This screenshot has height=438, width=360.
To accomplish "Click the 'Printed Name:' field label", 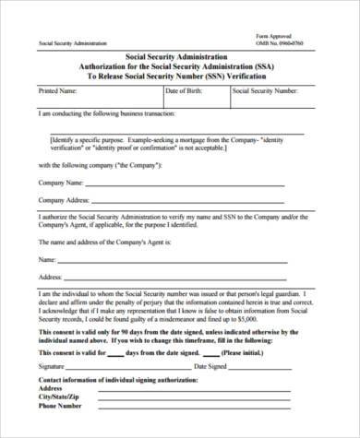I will (57, 93).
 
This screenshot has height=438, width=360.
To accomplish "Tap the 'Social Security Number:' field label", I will (266, 93).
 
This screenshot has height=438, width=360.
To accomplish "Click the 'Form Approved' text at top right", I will (273, 35).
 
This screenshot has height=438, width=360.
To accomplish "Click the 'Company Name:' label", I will (60, 183).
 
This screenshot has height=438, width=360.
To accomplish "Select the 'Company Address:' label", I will (64, 200).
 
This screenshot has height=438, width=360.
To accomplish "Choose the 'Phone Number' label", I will (61, 403).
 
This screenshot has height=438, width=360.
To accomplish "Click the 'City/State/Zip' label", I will (62, 396).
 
